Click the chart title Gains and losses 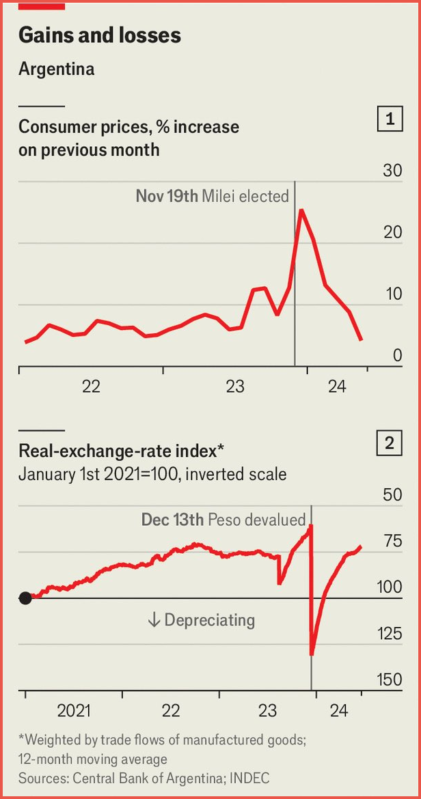point(100,36)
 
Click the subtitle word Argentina point(56,69)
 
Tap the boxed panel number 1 point(390,120)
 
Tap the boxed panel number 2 point(390,444)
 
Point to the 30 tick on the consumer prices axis point(392,171)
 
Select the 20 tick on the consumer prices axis point(392,232)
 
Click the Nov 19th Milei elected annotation point(212,197)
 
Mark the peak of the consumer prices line point(301,210)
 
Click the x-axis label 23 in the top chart point(235,387)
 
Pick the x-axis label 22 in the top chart point(91,387)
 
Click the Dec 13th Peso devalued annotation point(223,520)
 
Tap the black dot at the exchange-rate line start point(25,598)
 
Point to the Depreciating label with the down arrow point(201,620)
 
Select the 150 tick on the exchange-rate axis point(390,680)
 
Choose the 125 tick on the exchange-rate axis point(390,634)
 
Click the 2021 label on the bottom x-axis point(74,711)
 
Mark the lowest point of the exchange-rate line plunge point(312,654)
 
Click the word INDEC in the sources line point(249,778)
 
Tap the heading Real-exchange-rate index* point(122,451)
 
